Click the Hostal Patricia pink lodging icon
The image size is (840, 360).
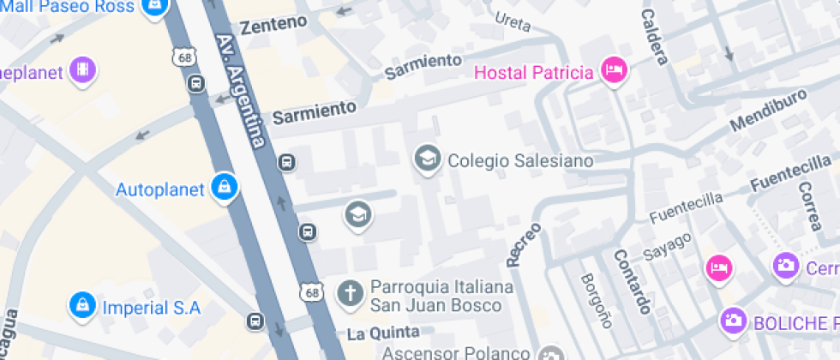tap(614, 71)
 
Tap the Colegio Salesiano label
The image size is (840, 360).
tap(521, 160)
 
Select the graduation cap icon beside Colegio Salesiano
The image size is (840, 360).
tap(427, 159)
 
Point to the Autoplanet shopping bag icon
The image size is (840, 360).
tap(224, 188)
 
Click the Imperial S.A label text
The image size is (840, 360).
tap(151, 307)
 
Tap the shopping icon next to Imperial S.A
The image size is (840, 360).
tap(82, 305)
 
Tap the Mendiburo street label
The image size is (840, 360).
tap(769, 111)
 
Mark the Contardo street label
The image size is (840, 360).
tap(632, 281)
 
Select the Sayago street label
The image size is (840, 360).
tap(667, 243)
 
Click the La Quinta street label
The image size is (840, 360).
tap(383, 332)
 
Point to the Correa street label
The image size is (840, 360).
tap(813, 207)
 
